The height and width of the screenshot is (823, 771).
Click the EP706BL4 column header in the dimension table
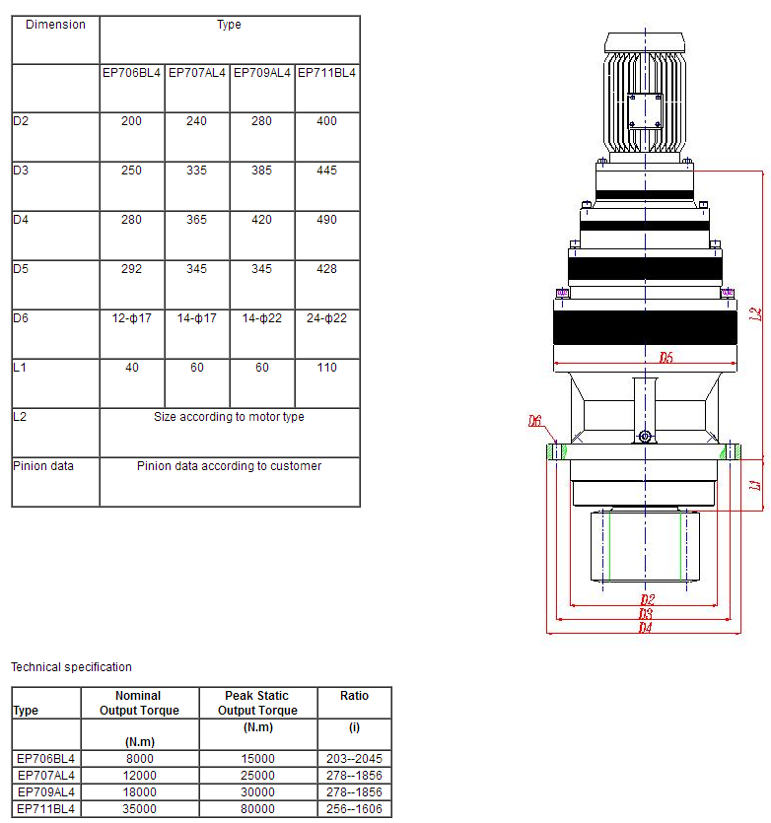(x=131, y=72)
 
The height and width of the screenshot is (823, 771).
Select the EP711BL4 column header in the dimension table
(x=327, y=72)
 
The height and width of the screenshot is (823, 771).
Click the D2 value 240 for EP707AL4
(x=197, y=121)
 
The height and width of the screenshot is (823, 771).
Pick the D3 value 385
(x=262, y=171)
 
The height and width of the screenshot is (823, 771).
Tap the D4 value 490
(x=327, y=220)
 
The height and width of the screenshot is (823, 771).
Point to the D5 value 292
(x=132, y=269)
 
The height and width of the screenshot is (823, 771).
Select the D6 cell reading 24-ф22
(x=327, y=318)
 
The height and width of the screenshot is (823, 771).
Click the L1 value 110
(x=327, y=368)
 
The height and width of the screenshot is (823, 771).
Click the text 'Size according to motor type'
(x=229, y=417)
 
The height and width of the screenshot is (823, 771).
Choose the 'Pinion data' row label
(x=42, y=466)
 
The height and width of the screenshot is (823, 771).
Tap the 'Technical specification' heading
(x=71, y=667)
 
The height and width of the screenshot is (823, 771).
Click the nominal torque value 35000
(x=139, y=809)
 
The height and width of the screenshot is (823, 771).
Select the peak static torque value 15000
(x=257, y=759)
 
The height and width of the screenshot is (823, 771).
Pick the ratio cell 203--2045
(x=354, y=759)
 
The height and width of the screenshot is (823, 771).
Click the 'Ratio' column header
(x=354, y=696)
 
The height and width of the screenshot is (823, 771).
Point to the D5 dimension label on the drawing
(x=666, y=358)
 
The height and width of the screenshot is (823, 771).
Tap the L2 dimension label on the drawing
(x=755, y=314)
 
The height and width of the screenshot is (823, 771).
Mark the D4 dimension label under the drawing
(x=645, y=627)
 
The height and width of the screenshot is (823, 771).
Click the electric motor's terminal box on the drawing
(x=645, y=108)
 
